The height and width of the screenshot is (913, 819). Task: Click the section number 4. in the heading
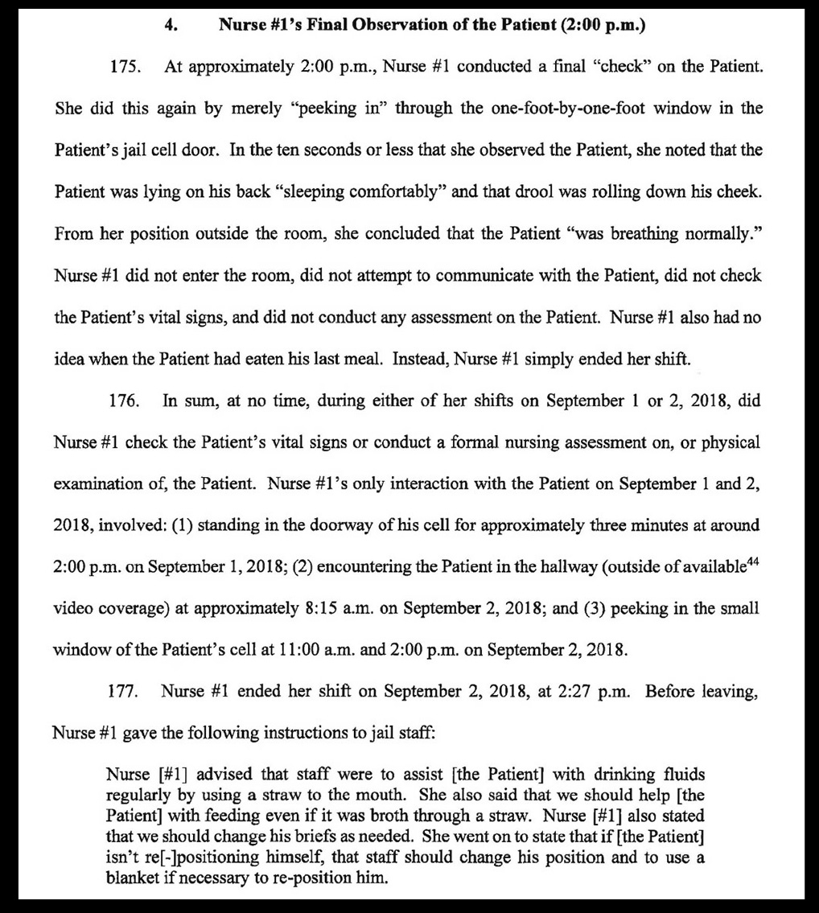171,25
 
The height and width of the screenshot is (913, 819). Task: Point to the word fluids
680,775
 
